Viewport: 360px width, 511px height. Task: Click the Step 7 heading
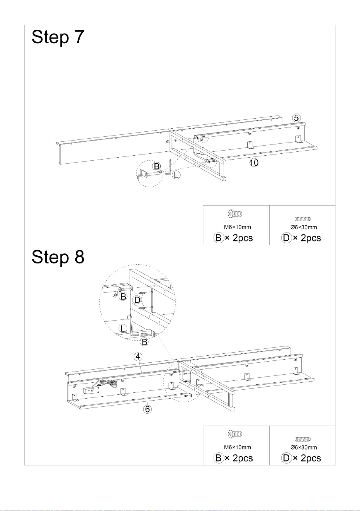[x=58, y=37]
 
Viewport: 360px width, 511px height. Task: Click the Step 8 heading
[x=58, y=257]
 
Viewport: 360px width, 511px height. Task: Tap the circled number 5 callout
[x=296, y=118]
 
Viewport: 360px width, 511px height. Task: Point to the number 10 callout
[x=254, y=163]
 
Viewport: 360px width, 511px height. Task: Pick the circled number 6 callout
[x=148, y=409]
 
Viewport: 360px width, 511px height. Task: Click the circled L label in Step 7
[x=176, y=175]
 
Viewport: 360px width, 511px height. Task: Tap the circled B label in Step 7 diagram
[x=156, y=166]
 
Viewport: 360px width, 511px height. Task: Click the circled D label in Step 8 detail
[x=137, y=299]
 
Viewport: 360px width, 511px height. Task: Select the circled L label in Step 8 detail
[x=123, y=328]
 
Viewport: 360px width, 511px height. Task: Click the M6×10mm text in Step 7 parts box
[x=237, y=227]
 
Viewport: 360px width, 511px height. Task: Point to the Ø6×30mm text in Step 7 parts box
[x=304, y=227]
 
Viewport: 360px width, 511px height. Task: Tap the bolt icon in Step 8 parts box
[x=235, y=434]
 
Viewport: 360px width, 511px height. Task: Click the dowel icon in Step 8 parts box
[x=302, y=439]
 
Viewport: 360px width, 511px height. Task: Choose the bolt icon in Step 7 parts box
[x=235, y=214]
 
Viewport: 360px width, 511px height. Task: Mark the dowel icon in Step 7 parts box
[x=302, y=219]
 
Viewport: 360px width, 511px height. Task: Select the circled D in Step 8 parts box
[x=286, y=458]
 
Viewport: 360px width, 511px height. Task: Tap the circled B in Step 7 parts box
[x=218, y=238]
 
